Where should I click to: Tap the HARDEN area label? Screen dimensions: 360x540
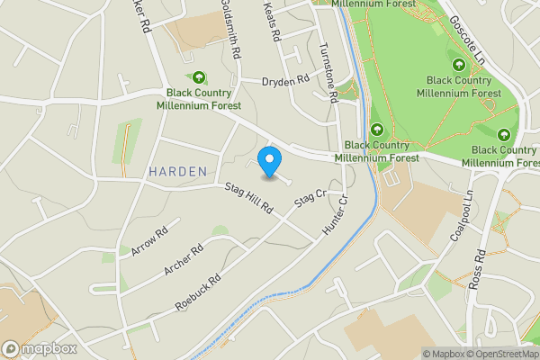point(178,171)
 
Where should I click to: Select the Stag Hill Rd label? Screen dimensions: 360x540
point(248,199)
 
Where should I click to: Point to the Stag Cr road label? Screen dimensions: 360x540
point(309,202)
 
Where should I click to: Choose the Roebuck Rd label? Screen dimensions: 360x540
point(199,292)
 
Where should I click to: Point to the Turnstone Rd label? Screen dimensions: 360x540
point(328,70)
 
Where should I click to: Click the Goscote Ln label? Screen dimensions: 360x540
point(468,34)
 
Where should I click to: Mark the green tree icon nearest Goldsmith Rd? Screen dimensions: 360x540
point(198,78)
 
